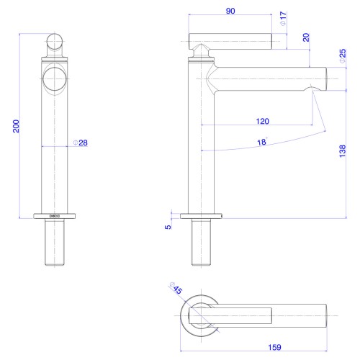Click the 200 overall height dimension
click(x=16, y=126)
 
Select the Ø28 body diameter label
click(x=81, y=143)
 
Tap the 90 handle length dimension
click(x=230, y=11)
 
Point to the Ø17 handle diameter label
click(x=283, y=19)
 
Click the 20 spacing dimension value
click(x=306, y=37)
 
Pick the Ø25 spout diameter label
click(x=343, y=56)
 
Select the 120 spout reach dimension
click(x=262, y=121)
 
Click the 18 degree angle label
click(x=262, y=142)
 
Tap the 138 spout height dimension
click(x=343, y=151)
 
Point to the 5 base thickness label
click(x=168, y=227)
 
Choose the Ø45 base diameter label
click(x=176, y=288)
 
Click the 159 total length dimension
click(x=274, y=347)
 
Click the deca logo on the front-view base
click(x=55, y=216)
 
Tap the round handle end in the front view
click(x=55, y=41)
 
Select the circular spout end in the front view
click(x=55, y=78)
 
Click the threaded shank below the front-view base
click(x=55, y=242)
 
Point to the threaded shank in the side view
click(x=201, y=242)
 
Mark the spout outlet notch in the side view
click(x=312, y=89)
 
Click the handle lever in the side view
click(x=230, y=42)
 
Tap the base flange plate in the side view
click(x=201, y=216)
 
